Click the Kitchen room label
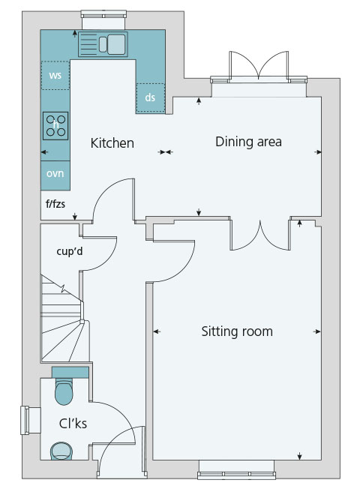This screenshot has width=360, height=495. [112, 143]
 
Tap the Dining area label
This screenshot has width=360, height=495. [248, 142]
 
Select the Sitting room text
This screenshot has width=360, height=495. [237, 331]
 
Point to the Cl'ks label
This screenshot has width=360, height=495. [73, 423]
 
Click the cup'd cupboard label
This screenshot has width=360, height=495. [70, 251]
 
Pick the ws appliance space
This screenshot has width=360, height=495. [55, 75]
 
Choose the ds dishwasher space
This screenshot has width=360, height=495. [150, 97]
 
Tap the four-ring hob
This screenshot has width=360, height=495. [55, 125]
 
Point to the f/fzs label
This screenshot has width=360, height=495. [55, 204]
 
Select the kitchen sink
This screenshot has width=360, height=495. [103, 44]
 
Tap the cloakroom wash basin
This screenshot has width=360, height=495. [61, 451]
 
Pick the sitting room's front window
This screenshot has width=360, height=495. [236, 469]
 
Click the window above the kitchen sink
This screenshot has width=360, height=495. [103, 18]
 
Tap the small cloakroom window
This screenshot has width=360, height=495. [31, 420]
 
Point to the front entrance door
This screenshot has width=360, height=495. [121, 451]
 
